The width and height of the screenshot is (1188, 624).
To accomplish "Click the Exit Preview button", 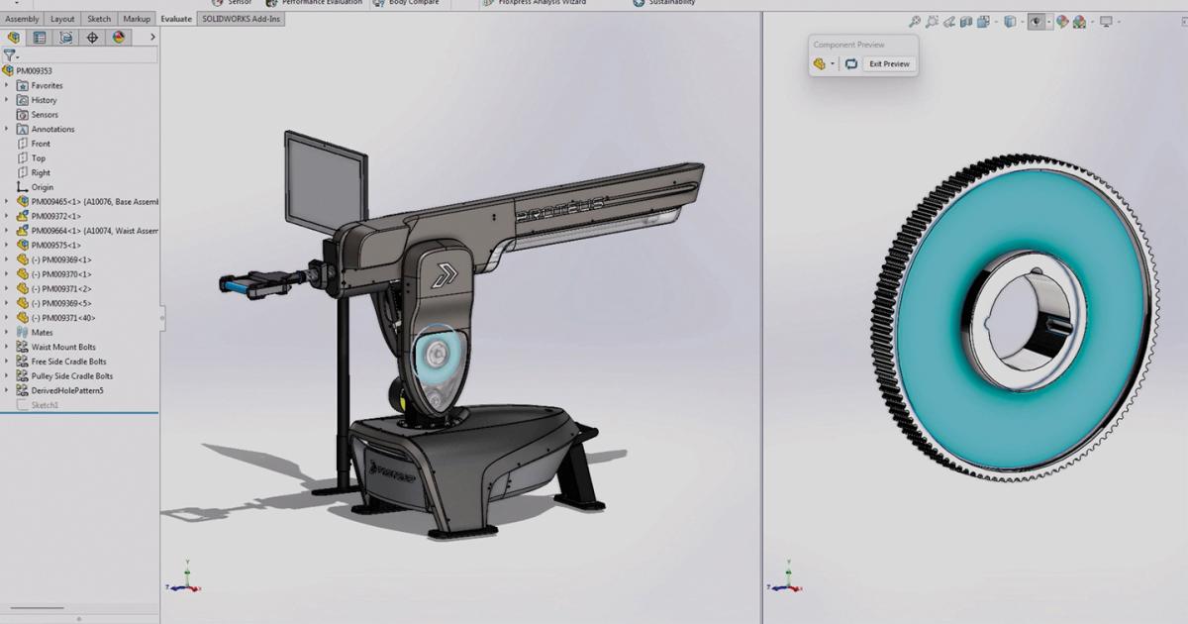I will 888,63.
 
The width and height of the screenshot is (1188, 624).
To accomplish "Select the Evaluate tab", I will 176,19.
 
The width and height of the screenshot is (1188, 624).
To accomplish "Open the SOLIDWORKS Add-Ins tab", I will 242,19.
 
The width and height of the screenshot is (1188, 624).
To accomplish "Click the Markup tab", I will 137,19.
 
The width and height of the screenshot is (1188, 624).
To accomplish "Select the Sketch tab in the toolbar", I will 99,19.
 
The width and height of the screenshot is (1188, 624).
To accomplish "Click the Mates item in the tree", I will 42,333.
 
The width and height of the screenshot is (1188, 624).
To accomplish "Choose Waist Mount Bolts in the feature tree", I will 63,348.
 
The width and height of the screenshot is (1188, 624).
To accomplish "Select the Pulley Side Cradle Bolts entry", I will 71,376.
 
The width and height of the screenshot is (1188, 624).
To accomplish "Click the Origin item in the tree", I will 42,187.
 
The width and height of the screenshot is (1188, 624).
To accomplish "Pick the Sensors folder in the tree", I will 45,115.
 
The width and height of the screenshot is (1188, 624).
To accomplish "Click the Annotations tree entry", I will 52,130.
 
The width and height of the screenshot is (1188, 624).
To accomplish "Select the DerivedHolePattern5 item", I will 66,391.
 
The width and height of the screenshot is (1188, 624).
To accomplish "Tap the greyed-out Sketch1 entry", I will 45,405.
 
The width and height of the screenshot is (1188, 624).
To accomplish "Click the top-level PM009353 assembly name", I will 34,71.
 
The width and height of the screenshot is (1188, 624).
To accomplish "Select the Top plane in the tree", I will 38,158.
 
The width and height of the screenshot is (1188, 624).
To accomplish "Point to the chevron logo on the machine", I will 444,274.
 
